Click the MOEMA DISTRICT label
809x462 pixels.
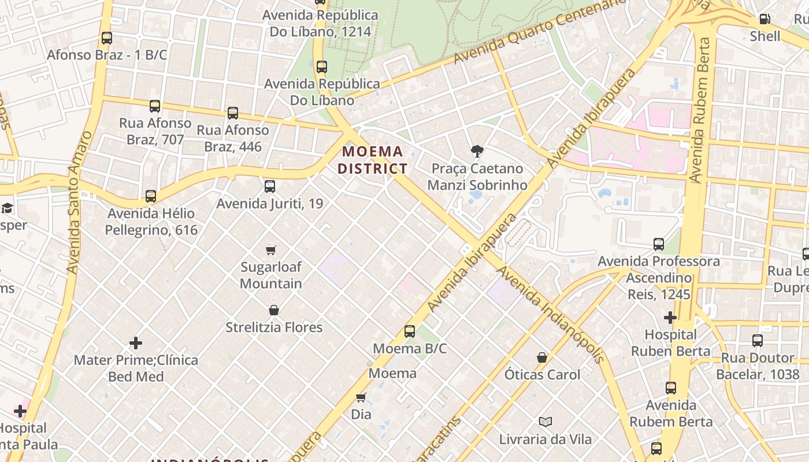[x=373, y=160]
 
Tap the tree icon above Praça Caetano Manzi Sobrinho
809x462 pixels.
[x=477, y=151]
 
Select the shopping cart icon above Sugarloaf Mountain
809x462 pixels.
[x=270, y=250]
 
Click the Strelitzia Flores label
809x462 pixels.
[x=274, y=327]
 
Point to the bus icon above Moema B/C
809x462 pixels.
[x=410, y=331]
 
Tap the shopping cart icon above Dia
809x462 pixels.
[x=361, y=397]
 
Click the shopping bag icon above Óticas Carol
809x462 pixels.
[x=542, y=357]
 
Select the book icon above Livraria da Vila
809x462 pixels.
[x=545, y=422]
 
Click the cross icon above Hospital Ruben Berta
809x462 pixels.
[x=670, y=318]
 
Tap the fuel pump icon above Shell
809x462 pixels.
[x=765, y=19]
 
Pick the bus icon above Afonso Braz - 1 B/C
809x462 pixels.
[x=107, y=38]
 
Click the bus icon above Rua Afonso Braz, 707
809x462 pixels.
[x=155, y=106]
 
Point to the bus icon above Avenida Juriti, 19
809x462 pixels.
[x=270, y=187]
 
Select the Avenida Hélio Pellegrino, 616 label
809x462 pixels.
[x=151, y=222]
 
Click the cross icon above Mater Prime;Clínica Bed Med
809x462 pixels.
[x=136, y=343]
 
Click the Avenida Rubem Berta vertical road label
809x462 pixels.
[x=699, y=110]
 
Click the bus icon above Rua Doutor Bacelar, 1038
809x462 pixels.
[x=758, y=341]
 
